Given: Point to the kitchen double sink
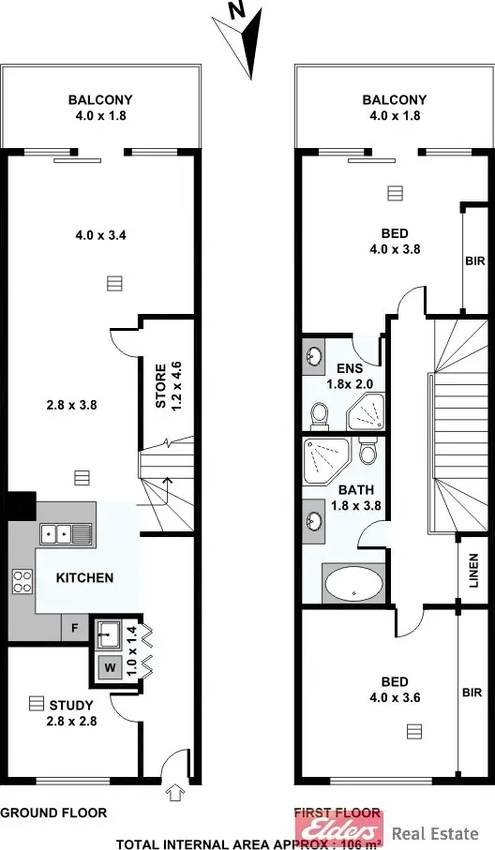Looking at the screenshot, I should point(66,534).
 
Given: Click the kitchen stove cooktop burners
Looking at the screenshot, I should point(22,582).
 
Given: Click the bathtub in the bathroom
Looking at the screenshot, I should point(352,584).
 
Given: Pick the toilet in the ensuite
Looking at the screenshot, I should point(320,412).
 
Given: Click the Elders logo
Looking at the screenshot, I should point(338,828).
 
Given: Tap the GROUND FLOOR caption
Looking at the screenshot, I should point(53,813).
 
